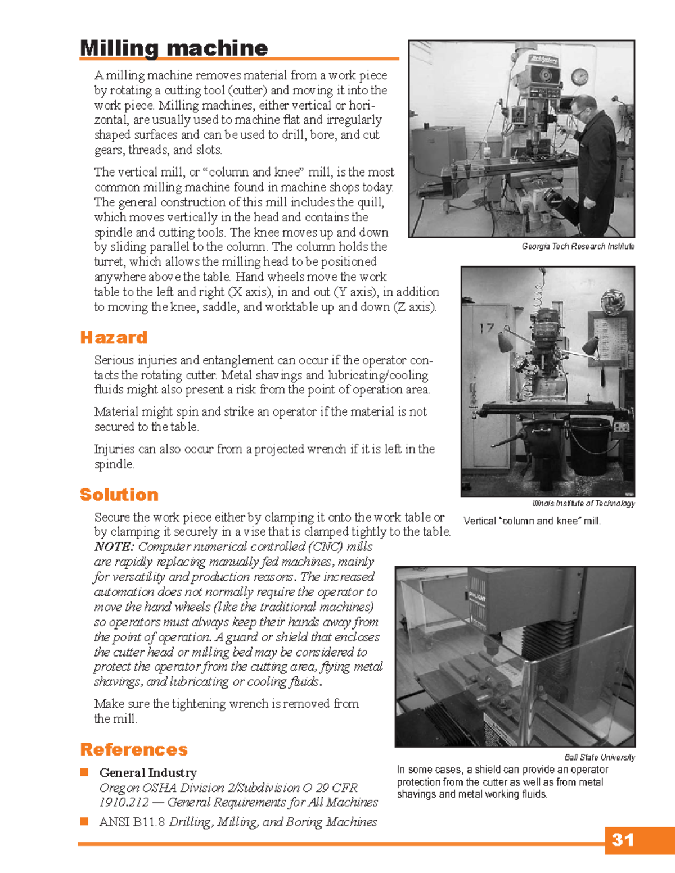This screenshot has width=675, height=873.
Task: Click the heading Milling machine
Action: click(173, 48)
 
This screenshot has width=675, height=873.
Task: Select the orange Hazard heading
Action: click(114, 337)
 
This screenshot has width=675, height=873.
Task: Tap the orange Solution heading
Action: click(119, 495)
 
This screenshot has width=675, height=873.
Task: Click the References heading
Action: click(134, 749)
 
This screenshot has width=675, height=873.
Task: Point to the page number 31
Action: click(623, 840)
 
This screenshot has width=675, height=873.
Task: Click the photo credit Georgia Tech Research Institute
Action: click(578, 246)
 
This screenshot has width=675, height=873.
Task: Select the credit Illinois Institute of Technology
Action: click(583, 503)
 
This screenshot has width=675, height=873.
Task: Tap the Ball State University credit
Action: click(600, 757)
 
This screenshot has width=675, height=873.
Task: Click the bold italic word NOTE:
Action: click(114, 546)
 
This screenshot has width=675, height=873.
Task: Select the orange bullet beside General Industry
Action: click(84, 772)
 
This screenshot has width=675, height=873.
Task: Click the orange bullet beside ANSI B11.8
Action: click(84, 821)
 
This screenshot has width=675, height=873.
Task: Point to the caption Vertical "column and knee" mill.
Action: click(532, 521)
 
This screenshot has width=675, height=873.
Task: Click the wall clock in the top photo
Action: click(579, 76)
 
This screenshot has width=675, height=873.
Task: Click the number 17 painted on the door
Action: click(487, 328)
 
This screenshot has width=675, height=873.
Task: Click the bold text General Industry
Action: click(148, 773)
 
